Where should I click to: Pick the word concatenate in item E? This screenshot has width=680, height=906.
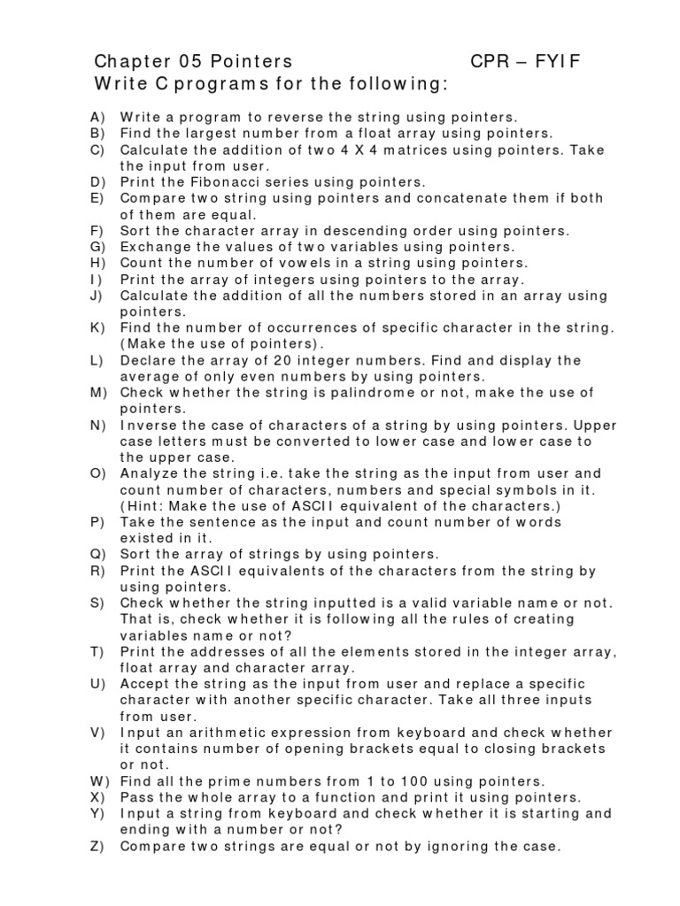coord(404,198)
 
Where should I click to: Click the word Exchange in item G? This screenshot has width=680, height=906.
coord(152,247)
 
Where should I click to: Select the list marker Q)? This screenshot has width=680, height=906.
coord(98,554)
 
